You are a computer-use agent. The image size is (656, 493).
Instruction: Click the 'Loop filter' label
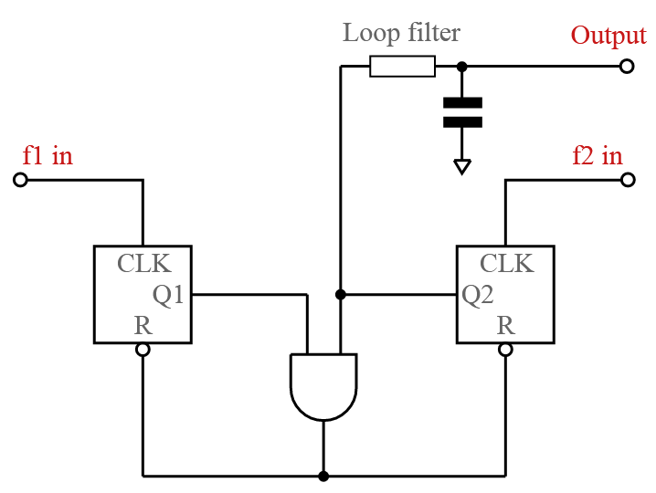click(401, 34)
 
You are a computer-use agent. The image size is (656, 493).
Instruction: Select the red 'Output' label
click(608, 36)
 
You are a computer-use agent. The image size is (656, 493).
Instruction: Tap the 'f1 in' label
click(48, 156)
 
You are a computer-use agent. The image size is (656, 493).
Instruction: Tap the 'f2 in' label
click(597, 156)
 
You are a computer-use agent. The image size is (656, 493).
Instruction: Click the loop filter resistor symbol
click(402, 66)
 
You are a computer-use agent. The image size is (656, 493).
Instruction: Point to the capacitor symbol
click(461, 112)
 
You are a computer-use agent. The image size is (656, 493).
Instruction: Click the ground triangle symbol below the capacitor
click(461, 166)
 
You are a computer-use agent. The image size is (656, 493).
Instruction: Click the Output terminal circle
click(627, 66)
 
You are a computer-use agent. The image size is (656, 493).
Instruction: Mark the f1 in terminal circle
click(20, 180)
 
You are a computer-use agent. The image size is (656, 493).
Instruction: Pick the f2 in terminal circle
click(627, 180)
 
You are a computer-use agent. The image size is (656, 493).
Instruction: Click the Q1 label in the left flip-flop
click(168, 294)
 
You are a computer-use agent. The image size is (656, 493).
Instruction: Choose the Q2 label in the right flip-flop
click(478, 294)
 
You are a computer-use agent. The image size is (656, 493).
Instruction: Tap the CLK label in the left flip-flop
click(143, 264)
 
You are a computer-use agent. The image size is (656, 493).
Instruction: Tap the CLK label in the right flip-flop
click(507, 264)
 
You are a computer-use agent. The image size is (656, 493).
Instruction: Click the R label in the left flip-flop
click(143, 325)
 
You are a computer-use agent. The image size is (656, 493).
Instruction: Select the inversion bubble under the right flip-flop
click(505, 350)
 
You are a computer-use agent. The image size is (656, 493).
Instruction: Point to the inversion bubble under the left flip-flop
click(143, 350)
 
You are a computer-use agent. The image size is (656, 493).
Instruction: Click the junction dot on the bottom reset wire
click(323, 476)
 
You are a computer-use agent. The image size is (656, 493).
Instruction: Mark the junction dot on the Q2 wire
click(340, 294)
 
